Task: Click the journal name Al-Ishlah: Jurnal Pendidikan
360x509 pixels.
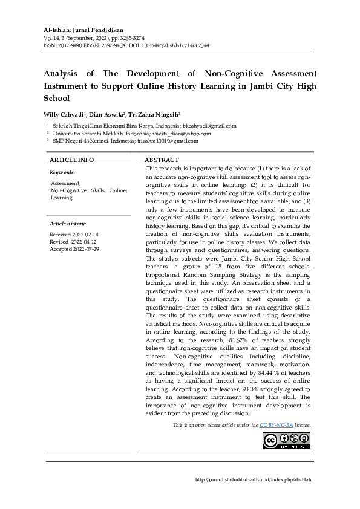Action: click(84, 28)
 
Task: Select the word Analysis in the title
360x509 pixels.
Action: click(65, 74)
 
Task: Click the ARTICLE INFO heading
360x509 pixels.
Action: click(71, 160)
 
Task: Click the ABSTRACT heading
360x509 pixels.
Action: click(161, 160)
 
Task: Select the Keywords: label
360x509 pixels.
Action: click(62, 172)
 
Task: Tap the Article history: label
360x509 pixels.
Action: click(68, 224)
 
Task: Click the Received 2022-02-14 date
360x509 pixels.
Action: click(74, 234)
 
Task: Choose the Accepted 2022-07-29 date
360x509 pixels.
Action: click(74, 248)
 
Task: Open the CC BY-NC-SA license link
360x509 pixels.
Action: click(276, 425)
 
